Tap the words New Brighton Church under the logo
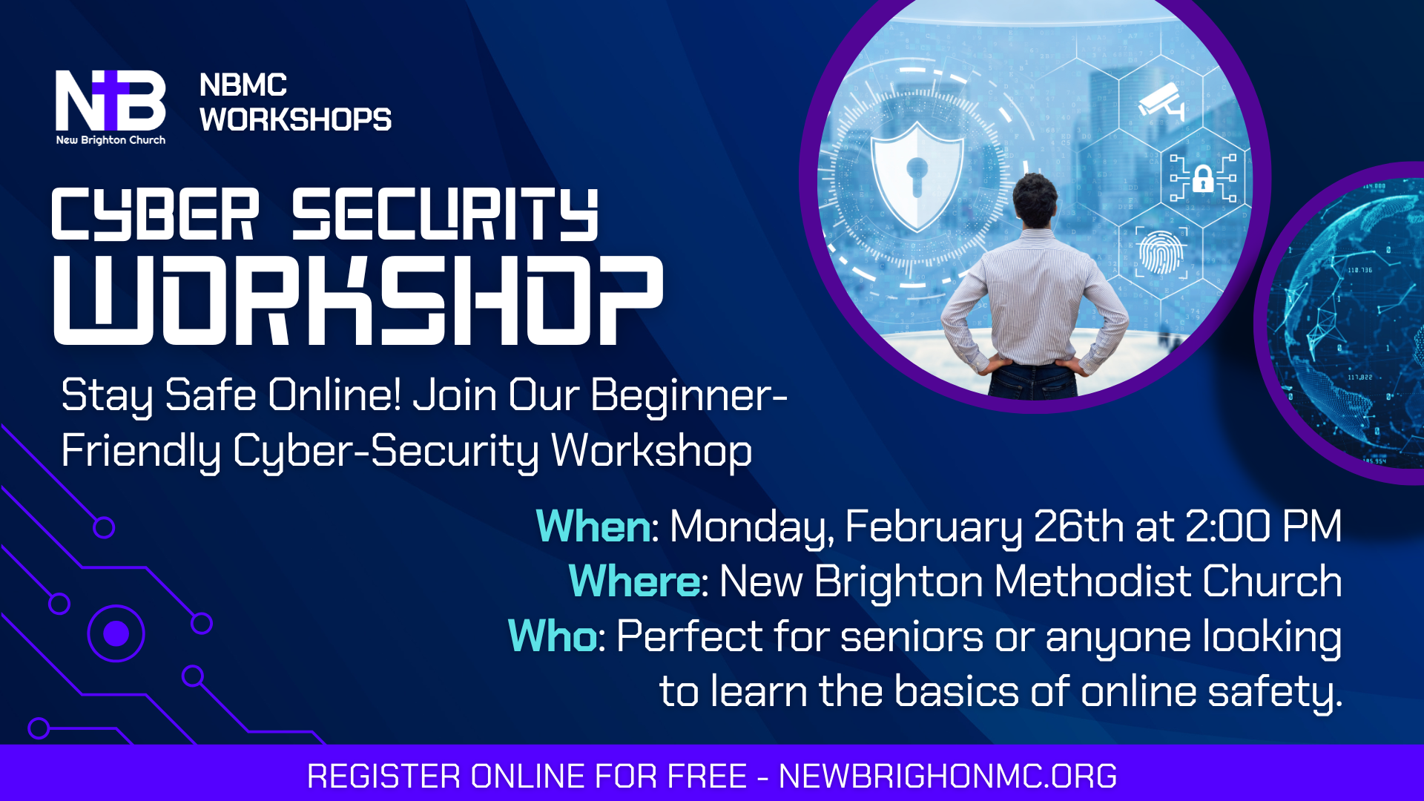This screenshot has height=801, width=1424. click(111, 140)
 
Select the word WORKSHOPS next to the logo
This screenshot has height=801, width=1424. click(295, 119)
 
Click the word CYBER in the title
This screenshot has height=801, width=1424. click(155, 214)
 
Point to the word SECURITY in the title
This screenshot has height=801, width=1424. click(445, 214)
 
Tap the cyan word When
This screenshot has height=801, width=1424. click(593, 526)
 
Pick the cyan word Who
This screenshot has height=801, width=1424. click(553, 636)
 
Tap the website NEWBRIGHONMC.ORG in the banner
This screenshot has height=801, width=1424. click(947, 776)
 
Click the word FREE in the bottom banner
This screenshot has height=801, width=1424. click(707, 776)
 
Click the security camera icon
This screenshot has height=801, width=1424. click(1161, 102)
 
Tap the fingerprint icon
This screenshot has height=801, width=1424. click(1161, 253)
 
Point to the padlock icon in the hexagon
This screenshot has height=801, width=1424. click(1203, 178)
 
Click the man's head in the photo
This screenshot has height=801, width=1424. click(1035, 200)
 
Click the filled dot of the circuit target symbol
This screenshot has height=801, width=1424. click(116, 633)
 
